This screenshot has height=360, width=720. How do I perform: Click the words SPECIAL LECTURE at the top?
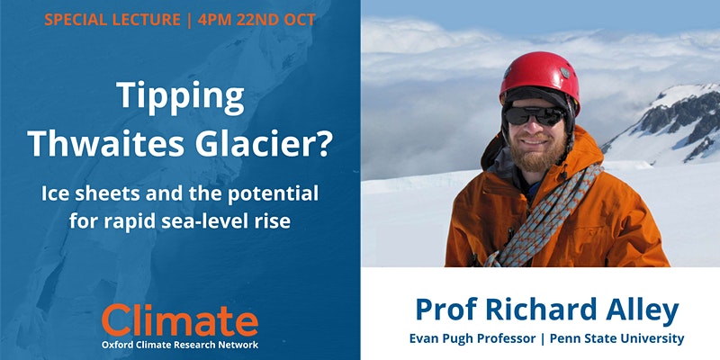(x=112, y=20)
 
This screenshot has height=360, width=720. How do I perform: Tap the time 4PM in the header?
(x=215, y=20)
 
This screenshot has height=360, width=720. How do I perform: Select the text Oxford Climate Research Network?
(x=179, y=346)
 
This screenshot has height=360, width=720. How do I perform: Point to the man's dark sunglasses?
(x=535, y=115)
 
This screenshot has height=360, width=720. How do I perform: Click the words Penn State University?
(x=616, y=339)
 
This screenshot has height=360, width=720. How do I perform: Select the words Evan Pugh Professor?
(x=472, y=339)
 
